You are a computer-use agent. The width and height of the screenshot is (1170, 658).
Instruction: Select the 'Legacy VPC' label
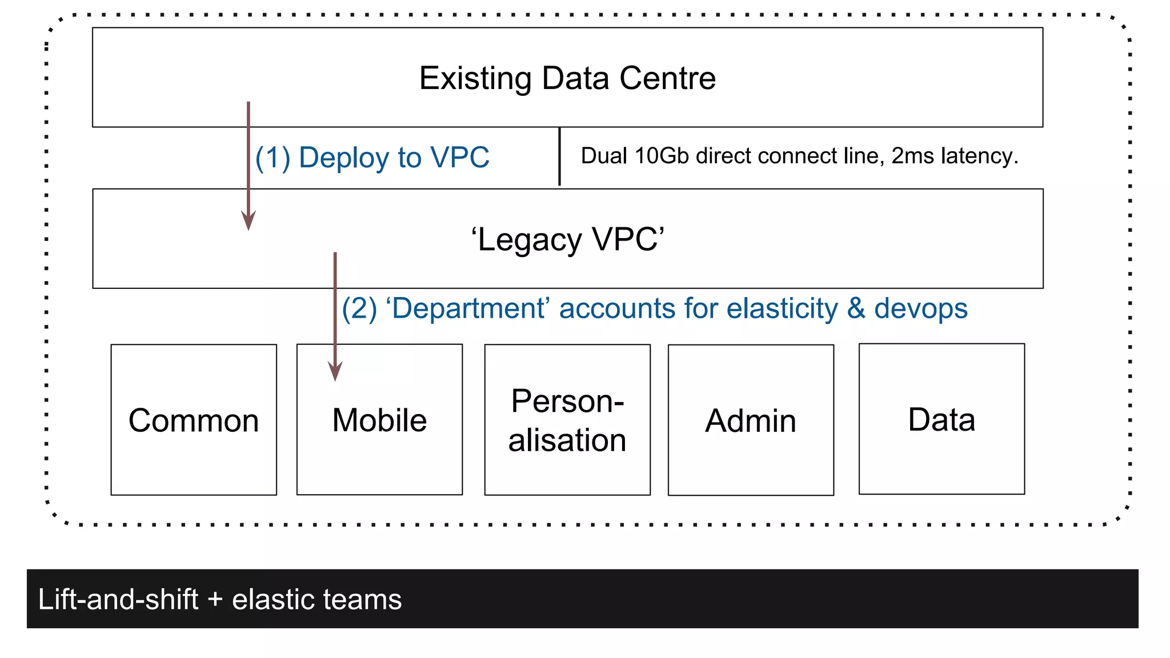[x=567, y=239]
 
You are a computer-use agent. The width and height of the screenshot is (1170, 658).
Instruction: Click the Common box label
[x=194, y=421]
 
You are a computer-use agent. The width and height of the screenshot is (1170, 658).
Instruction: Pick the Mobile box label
[x=379, y=421]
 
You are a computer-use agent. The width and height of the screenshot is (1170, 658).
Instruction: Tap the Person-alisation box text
[x=567, y=420]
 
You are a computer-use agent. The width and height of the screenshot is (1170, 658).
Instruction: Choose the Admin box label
[x=750, y=422]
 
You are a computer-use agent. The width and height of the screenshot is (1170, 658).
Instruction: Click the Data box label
[x=941, y=420]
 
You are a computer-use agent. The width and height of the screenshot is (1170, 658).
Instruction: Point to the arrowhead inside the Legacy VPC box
[x=248, y=220]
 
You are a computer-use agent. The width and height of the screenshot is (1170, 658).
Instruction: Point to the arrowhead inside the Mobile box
[x=335, y=371]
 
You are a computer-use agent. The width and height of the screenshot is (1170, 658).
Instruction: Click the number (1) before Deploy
[x=273, y=158]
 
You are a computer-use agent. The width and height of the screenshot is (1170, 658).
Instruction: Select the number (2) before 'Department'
[x=359, y=309]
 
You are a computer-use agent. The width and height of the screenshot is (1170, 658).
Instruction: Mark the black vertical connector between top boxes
[x=559, y=157]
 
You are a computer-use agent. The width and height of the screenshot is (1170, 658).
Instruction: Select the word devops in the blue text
[x=920, y=309]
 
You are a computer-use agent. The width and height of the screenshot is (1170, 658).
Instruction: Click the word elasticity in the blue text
[x=782, y=309]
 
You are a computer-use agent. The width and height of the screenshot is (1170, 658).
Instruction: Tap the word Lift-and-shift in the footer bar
[x=118, y=600]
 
